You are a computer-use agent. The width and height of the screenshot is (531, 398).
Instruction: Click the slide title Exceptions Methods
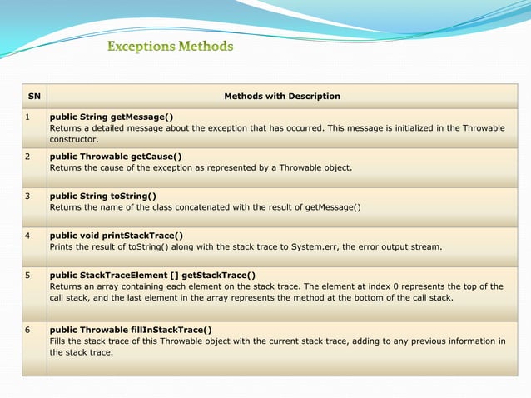pos(170,47)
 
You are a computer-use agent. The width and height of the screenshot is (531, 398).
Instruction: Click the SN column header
pos(34,96)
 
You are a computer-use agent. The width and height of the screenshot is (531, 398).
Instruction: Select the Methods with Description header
pos(282,96)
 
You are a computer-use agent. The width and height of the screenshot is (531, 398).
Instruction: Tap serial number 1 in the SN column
pos(27,117)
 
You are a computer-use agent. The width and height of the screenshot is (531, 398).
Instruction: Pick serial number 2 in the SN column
pos(27,156)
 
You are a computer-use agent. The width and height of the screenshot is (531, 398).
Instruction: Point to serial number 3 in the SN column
pos(27,196)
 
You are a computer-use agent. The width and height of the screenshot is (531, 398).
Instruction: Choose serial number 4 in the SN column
pos(27,236)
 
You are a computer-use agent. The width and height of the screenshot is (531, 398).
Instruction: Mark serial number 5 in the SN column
pos(27,275)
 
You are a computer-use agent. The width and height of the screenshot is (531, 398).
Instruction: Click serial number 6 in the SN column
pos(27,329)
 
